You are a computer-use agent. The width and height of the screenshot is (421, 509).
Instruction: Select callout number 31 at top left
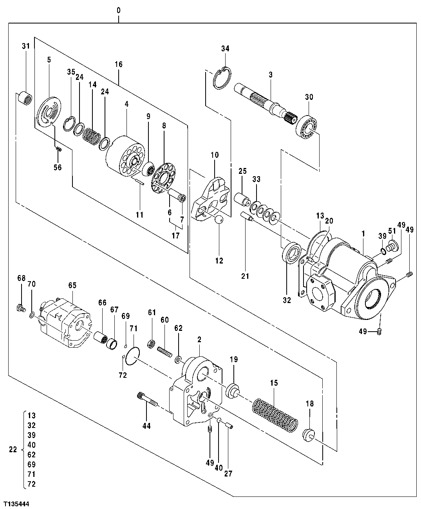(x=25, y=46)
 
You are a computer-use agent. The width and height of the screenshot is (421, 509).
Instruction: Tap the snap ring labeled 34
(x=222, y=78)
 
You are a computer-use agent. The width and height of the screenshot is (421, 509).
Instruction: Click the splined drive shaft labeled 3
(x=266, y=100)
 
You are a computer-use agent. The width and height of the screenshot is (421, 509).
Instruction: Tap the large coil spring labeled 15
(x=274, y=415)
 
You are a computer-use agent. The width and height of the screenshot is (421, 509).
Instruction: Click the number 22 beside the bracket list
(x=13, y=450)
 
